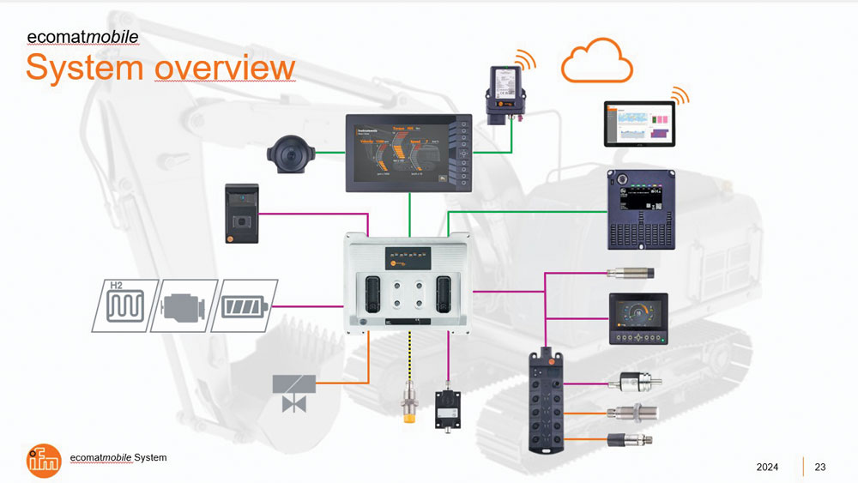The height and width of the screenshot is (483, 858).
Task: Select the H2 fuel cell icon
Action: (x=121, y=305)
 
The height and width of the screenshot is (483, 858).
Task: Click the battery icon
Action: (x=245, y=305)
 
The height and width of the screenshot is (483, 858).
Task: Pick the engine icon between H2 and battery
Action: (x=183, y=305)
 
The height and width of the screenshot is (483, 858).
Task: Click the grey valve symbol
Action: (x=294, y=393)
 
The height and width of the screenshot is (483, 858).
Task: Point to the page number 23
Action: (x=819, y=467)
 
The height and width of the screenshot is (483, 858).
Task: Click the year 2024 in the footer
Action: (x=767, y=467)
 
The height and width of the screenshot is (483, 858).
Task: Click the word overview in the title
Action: (x=225, y=68)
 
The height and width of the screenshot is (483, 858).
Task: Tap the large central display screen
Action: (x=409, y=153)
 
